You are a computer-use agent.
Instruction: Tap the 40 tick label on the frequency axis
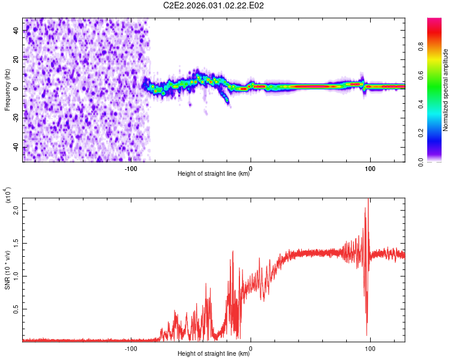[16, 30]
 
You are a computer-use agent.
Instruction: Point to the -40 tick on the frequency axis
[16, 148]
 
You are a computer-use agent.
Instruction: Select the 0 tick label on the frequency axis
[19, 89]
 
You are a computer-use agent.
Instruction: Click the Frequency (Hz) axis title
[7, 90]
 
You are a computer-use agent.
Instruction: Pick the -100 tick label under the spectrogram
[131, 168]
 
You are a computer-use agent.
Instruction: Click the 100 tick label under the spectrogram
[370, 168]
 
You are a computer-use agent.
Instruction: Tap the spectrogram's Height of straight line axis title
[214, 175]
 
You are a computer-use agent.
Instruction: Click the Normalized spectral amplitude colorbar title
[446, 90]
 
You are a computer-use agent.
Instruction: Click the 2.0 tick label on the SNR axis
[16, 211]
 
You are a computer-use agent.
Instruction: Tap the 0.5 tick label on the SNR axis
[16, 309]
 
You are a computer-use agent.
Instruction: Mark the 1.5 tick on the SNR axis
[16, 244]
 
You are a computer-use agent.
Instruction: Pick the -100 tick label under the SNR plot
[131, 348]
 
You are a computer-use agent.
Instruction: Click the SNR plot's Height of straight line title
[214, 355]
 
